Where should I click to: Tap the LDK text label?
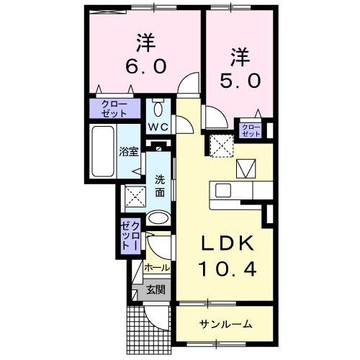tap(222, 246)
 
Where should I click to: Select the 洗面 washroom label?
tap(159, 186)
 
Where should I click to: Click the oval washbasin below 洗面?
tap(158, 217)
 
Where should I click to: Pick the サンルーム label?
tap(225, 323)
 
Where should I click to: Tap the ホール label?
tap(157, 267)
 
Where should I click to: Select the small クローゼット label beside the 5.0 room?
tap(251, 130)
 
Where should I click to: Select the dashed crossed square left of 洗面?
tap(133, 196)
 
